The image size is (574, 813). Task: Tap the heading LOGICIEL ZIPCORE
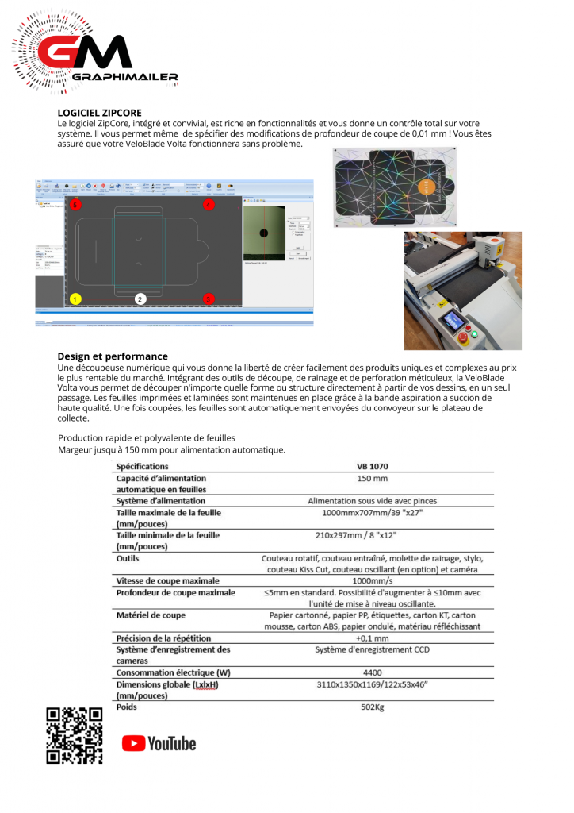tap(99, 114)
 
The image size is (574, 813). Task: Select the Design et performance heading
tap(112, 356)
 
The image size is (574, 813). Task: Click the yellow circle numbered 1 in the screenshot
tap(75, 299)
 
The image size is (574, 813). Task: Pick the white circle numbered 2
tap(140, 299)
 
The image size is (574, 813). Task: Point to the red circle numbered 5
tap(75, 205)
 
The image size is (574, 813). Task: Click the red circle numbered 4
tap(209, 205)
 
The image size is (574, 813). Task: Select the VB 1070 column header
tap(372, 466)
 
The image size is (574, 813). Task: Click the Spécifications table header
tap(142, 466)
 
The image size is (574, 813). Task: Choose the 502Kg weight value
tap(372, 707)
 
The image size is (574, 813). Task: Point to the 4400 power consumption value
tap(372, 672)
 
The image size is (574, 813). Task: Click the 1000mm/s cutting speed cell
tap(372, 580)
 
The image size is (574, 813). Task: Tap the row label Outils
tap(128, 558)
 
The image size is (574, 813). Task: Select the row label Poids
tap(127, 707)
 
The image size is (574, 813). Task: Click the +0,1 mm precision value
tap(372, 638)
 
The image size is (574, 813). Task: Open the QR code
tap(75, 735)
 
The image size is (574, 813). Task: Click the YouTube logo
tap(159, 743)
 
